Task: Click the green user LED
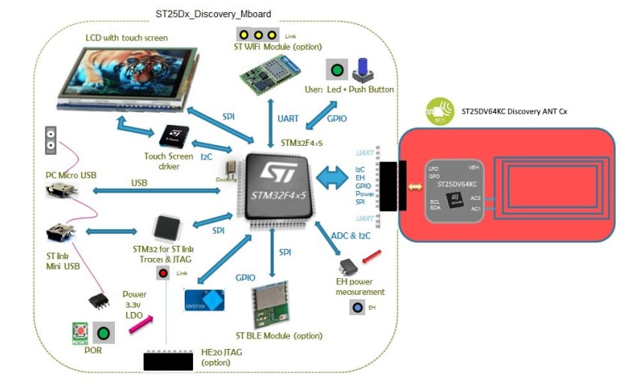337,72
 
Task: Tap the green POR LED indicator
104,332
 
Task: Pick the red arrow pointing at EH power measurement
370,259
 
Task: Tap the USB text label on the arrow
138,183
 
